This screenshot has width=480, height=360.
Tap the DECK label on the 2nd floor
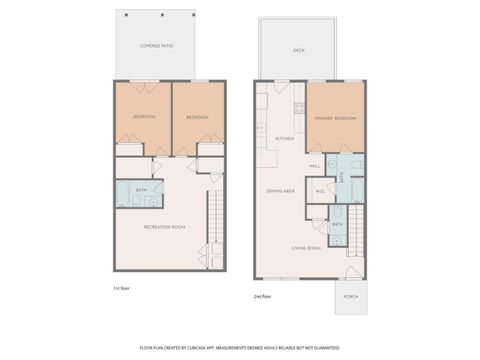[298, 50]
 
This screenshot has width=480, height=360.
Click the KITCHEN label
[284, 139]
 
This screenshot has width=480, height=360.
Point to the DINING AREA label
[280, 190]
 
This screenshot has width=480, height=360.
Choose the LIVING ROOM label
[306, 247]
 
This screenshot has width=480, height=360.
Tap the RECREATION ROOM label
[164, 227]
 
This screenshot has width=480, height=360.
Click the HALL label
[314, 166]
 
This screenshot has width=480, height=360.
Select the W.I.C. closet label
[319, 190]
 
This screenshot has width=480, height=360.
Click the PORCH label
[351, 295]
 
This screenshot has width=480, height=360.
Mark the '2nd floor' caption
[263, 296]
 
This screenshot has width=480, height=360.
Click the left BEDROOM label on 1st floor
[144, 117]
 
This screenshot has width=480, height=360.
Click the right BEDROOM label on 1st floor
[197, 117]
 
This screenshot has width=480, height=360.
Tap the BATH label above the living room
[337, 224]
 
